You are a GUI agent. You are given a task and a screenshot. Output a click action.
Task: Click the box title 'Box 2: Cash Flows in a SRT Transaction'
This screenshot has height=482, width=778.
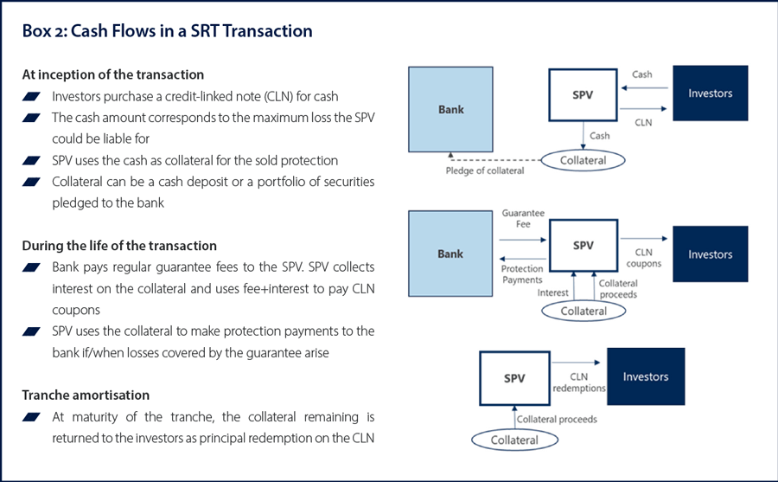(x=167, y=31)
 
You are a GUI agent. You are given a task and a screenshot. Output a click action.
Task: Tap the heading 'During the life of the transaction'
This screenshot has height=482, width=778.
(x=119, y=246)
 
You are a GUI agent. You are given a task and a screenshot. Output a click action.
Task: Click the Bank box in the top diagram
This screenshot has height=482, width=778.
(x=450, y=109)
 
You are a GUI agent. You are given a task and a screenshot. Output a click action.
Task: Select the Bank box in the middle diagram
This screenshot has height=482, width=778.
(x=450, y=254)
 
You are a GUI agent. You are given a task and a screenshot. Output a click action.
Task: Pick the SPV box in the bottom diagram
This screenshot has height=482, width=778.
(x=514, y=378)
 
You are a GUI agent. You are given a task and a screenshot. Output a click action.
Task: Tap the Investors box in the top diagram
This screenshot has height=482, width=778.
(x=710, y=93)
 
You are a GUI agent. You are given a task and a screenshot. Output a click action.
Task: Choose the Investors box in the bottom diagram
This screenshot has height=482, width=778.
(x=645, y=376)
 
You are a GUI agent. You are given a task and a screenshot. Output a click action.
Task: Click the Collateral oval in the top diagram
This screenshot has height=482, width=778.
(x=584, y=160)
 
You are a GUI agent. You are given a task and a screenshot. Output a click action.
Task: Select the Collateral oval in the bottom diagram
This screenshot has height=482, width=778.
(x=515, y=440)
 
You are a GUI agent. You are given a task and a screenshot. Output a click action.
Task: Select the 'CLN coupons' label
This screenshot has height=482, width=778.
(x=642, y=258)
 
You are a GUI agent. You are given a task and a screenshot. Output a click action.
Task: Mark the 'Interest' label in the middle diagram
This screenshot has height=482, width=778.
(x=553, y=292)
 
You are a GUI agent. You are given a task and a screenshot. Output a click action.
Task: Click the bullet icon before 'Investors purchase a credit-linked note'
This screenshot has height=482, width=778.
(x=34, y=96)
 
